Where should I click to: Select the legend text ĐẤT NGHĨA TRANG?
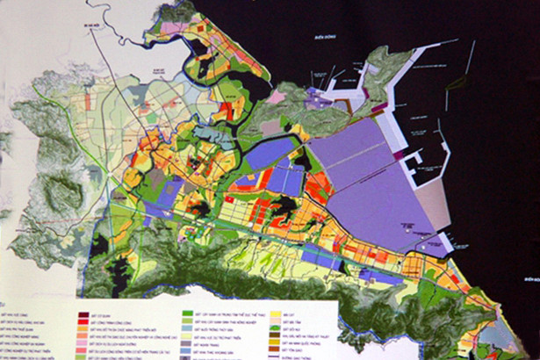(211, 345)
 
